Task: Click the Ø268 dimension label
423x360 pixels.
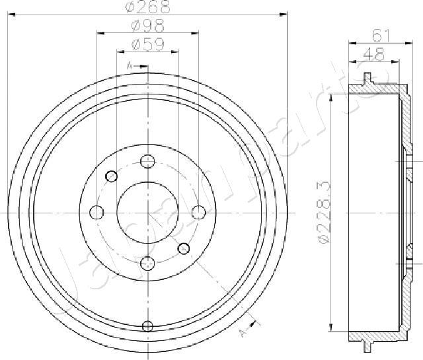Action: (148, 7)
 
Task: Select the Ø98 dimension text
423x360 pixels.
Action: (147, 26)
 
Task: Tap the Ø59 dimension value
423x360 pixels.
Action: (147, 44)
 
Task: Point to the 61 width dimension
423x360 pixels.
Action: (381, 36)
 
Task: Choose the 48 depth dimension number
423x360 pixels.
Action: (374, 54)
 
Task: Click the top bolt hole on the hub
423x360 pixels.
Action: (147, 161)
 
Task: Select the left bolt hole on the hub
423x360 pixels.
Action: (96, 213)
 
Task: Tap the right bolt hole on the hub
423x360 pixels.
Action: (199, 212)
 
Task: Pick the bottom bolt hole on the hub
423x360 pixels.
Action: (147, 264)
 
